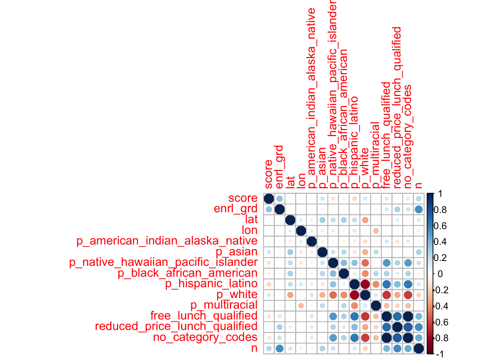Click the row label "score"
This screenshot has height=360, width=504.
(243, 198)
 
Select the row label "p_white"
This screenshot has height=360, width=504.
(237, 294)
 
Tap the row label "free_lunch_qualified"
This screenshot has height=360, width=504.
(204, 316)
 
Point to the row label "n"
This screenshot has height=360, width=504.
(254, 348)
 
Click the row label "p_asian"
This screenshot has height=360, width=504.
(237, 252)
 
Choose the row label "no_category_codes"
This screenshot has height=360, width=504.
(205, 337)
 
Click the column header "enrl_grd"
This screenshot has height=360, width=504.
(279, 167)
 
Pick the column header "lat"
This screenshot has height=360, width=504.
(290, 182)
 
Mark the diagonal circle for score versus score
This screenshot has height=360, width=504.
(269, 198)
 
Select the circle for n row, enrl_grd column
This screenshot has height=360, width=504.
(279, 348)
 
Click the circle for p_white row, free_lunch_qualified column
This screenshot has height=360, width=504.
(387, 295)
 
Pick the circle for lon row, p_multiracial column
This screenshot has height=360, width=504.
(376, 230)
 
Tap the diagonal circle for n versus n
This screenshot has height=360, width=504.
(419, 348)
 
